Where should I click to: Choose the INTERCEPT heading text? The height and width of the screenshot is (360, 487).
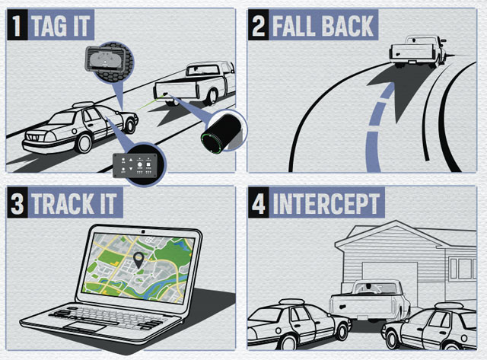[x=326, y=205]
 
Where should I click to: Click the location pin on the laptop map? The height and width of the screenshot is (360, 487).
[x=138, y=260]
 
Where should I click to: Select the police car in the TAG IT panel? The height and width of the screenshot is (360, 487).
[x=80, y=129]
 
